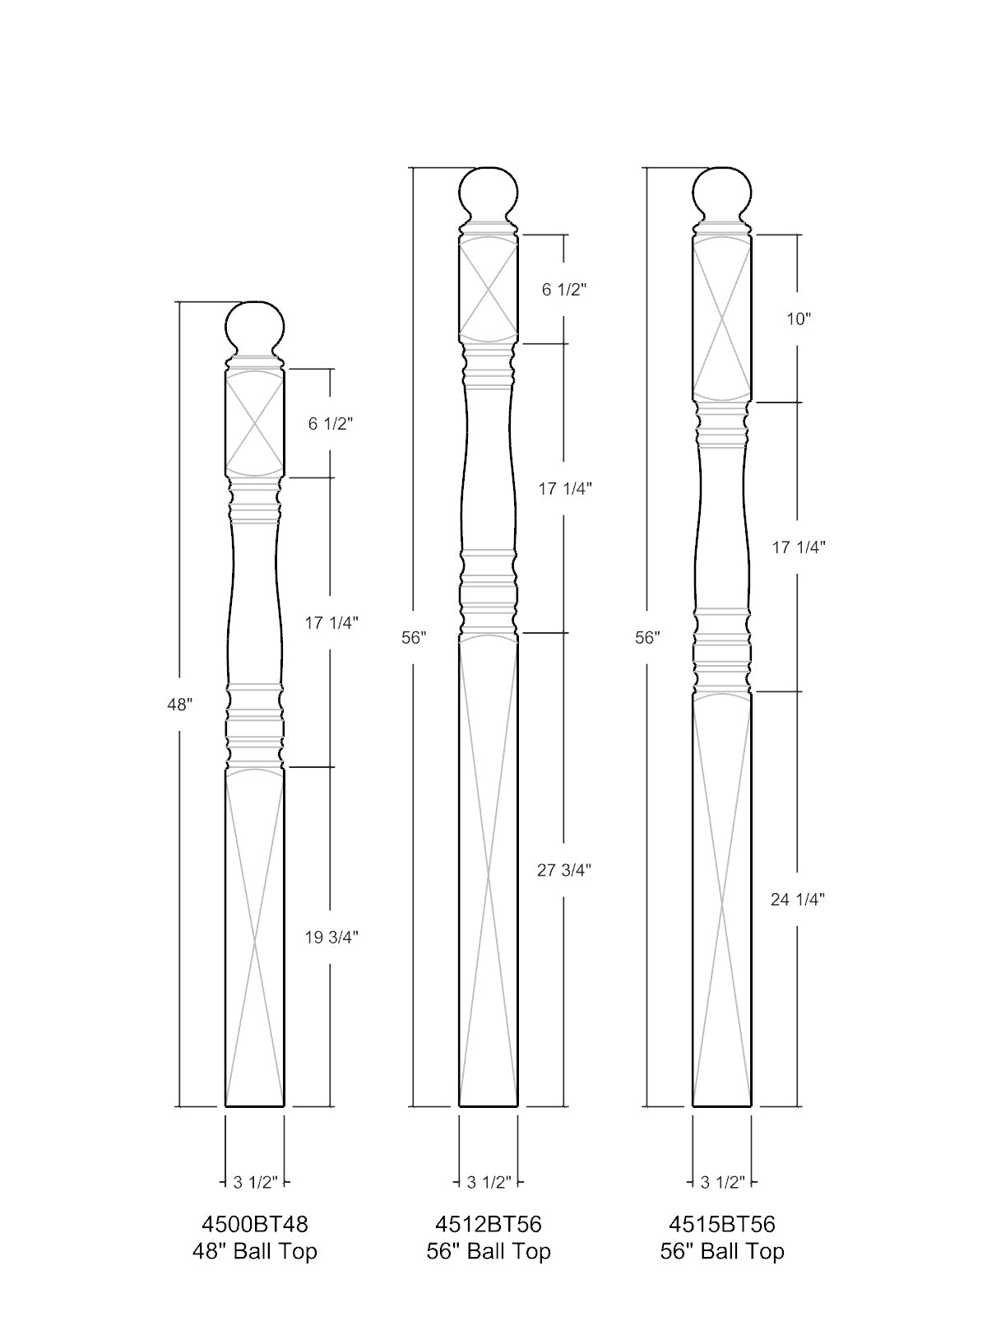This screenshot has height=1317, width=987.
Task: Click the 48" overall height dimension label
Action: point(179,705)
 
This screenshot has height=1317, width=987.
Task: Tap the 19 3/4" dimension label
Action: point(331,938)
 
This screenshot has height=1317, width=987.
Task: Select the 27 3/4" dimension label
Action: point(564,870)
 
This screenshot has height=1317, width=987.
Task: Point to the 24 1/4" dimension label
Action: point(798,899)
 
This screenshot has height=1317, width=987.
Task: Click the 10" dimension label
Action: point(798,319)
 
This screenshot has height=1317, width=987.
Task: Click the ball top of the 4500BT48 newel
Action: point(255,328)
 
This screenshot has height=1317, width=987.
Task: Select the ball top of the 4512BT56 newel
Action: point(489,195)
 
